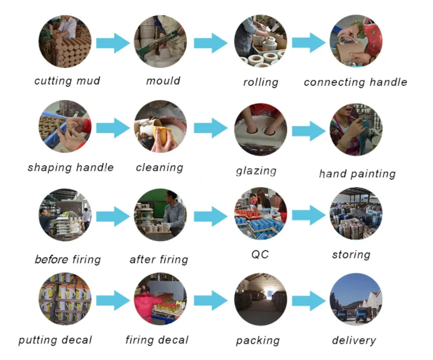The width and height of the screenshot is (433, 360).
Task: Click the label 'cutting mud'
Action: point(67,81)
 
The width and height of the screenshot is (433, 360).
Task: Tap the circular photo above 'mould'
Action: point(160,41)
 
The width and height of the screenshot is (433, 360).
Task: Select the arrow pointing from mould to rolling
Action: point(210,43)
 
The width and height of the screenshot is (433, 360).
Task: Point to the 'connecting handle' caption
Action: point(355,82)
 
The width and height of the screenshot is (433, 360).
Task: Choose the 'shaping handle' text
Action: point(70,168)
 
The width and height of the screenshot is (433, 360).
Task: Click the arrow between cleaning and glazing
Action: point(210,128)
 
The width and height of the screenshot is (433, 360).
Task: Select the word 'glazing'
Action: point(256,171)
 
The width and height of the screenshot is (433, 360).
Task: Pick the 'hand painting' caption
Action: point(357,173)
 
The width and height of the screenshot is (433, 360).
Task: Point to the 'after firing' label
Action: point(159,260)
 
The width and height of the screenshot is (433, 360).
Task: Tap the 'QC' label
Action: point(260,254)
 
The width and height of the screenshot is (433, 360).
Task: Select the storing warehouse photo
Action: point(356,214)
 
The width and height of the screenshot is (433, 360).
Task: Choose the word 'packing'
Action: point(258,340)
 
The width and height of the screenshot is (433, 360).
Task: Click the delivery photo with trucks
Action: point(356,300)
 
